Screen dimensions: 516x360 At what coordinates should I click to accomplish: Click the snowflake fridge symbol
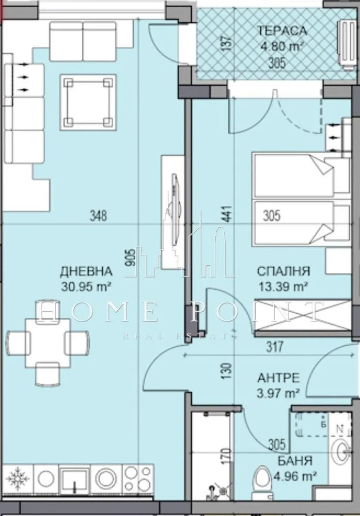pos(18,479)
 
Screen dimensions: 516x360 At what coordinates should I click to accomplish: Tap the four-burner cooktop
pos(138,479)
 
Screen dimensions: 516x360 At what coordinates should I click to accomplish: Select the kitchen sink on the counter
pos(75,479)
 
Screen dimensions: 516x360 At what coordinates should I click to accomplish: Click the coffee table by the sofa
pos(88,102)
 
